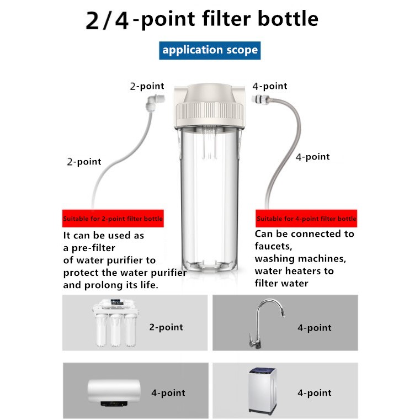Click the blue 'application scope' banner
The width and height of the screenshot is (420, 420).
click(x=210, y=50)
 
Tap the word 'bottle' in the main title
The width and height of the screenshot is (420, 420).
click(x=288, y=19)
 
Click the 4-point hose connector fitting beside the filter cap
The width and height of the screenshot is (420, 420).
click(x=260, y=100)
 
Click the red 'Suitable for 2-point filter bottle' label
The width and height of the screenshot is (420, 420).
click(x=113, y=219)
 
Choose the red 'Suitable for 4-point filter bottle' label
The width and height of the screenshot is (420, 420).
click(x=306, y=219)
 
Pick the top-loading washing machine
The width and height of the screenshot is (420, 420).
click(x=263, y=391)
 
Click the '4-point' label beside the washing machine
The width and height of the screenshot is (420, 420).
click(x=315, y=393)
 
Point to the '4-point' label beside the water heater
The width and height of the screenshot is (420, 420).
click(x=168, y=393)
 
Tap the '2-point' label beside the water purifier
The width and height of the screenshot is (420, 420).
click(x=166, y=327)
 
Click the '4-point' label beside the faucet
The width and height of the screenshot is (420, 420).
click(x=315, y=328)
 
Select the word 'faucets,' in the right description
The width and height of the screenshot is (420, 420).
click(x=273, y=246)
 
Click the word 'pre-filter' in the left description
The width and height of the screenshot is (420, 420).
click(x=93, y=248)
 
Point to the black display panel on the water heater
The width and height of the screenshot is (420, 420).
click(x=114, y=403)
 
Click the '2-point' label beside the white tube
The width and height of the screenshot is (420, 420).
click(x=84, y=162)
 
